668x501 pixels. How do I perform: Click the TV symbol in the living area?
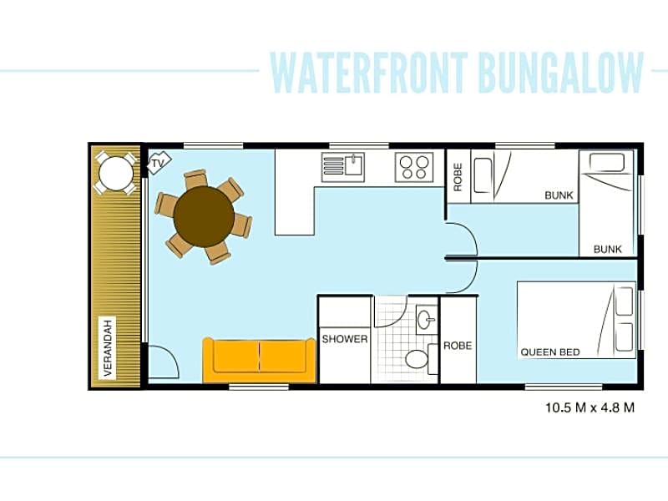coord(159,162)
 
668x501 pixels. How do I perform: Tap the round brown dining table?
coord(204,217)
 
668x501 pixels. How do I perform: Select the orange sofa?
coord(260,360)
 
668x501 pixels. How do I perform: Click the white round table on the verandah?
coord(115,173)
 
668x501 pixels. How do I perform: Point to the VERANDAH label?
coord(108,348)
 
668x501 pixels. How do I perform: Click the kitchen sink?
coord(343,166)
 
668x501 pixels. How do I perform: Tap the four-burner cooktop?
coord(414,167)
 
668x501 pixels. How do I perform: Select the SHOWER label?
coord(345,339)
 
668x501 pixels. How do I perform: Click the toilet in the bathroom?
coord(417,359)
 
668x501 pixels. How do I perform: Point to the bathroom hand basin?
coord(427,319)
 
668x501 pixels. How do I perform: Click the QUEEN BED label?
coord(550,352)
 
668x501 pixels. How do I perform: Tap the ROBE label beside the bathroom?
coord(458,346)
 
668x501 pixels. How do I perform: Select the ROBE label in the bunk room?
coord(458,177)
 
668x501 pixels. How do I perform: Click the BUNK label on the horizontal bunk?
coord(559,195)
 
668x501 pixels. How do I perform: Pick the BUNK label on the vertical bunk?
coord(608,249)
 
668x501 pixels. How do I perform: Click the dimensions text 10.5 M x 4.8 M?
coord(590,407)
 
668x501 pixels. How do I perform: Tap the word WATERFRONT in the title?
coord(369,73)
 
